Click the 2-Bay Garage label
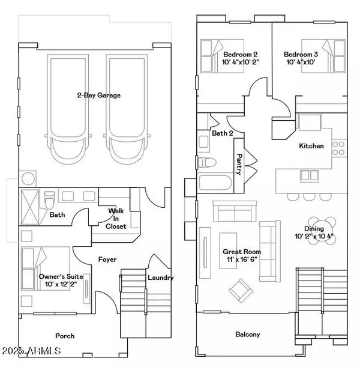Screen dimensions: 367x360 coord(98,95)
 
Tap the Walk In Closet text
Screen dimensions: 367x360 coord(116,219)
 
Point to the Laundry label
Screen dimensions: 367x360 coord(161,278)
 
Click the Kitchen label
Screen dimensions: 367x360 coord(311,146)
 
